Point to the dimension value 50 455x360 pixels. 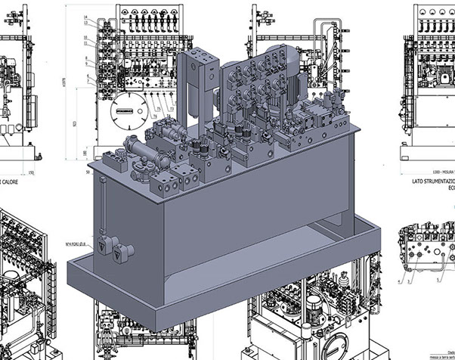coord(88,172)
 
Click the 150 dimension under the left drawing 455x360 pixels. coord(30,174)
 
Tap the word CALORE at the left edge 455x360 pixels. coord(11,183)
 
